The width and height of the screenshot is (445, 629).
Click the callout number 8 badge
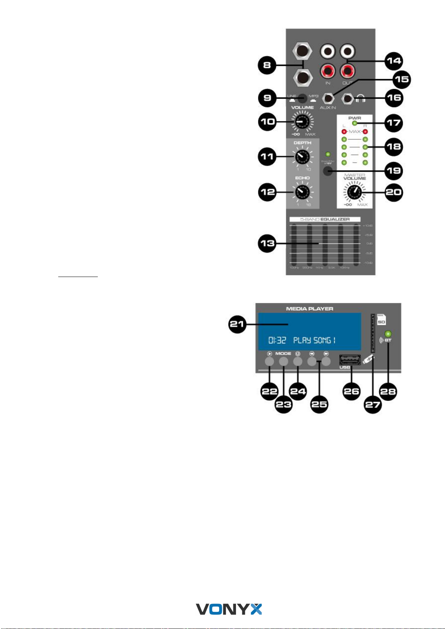click(267, 65)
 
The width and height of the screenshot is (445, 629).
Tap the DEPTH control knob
click(302, 157)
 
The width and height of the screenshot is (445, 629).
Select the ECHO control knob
click(302, 192)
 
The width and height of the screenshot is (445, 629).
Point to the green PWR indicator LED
click(354, 124)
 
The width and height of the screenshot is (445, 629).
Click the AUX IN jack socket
click(328, 99)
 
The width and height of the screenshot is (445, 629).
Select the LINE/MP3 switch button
click(302, 99)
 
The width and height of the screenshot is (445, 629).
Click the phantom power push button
click(328, 171)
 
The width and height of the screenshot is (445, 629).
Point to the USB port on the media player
click(349, 360)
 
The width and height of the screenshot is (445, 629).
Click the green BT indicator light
click(388, 333)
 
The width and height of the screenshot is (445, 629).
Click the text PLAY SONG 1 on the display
click(314, 340)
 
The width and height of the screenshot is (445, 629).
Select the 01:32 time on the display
click(277, 340)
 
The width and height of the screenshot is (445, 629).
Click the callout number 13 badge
click(267, 243)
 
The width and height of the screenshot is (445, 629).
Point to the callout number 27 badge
click(372, 405)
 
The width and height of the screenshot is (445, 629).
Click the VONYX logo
click(229, 609)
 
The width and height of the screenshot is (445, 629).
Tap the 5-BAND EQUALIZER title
click(325, 219)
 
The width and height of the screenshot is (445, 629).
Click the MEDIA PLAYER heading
click(309, 309)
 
